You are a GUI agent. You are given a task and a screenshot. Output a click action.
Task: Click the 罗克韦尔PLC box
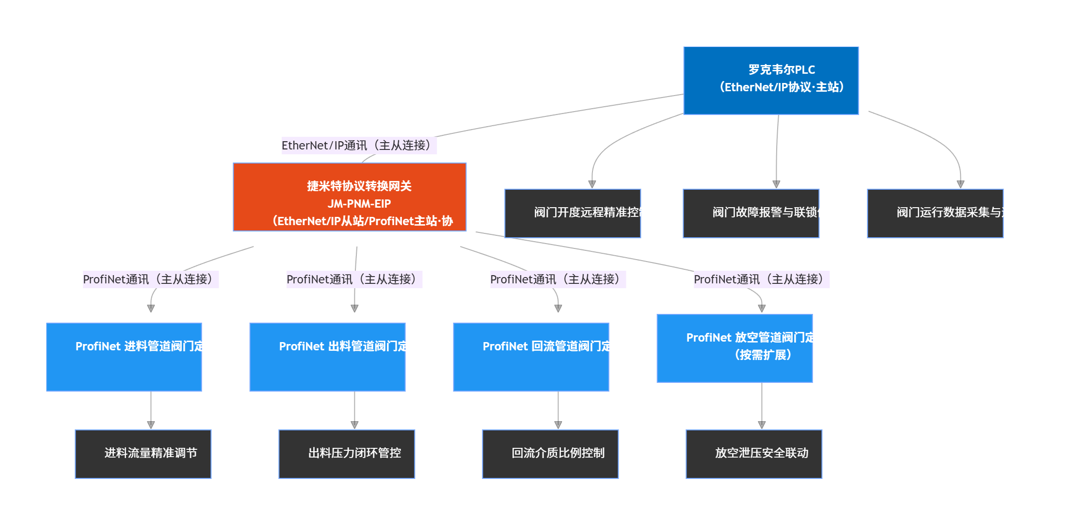pos(771,81)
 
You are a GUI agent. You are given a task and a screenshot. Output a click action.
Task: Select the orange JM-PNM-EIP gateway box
pos(350,197)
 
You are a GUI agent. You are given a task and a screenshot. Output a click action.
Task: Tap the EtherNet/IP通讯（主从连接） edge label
pos(359,146)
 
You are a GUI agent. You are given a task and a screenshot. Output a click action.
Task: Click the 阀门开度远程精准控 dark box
pos(573,213)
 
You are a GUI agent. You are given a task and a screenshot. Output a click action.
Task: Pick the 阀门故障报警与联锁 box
pos(751,213)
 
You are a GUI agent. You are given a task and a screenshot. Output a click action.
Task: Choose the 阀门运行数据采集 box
pos(935,213)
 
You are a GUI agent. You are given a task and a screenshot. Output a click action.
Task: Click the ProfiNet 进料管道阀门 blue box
pos(124,357)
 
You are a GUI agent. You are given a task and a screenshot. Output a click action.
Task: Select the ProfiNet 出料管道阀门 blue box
pos(328,357)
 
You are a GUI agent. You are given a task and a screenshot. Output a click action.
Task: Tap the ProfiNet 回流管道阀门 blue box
pos(531,357)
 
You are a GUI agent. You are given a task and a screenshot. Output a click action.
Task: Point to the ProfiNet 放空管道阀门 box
pos(735,348)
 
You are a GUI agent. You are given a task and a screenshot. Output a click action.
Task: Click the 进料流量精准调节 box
pos(143,454)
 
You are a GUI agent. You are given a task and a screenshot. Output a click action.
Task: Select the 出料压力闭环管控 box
pos(347,454)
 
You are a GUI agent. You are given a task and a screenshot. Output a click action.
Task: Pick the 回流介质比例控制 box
pos(550,454)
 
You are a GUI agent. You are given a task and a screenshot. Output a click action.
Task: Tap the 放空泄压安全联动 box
pos(754,454)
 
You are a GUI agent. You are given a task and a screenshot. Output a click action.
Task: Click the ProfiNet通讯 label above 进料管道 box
pos(150,279)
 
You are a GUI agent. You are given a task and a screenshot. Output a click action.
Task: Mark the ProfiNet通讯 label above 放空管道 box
pos(761,279)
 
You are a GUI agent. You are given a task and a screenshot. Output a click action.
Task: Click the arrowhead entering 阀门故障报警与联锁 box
pos(776,184)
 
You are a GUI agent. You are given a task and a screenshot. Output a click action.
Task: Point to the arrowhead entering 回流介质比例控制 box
pos(558,425)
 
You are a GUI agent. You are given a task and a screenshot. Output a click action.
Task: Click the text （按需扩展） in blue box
pos(763,355)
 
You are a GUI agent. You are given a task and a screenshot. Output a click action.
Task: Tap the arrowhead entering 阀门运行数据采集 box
pos(960,184)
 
